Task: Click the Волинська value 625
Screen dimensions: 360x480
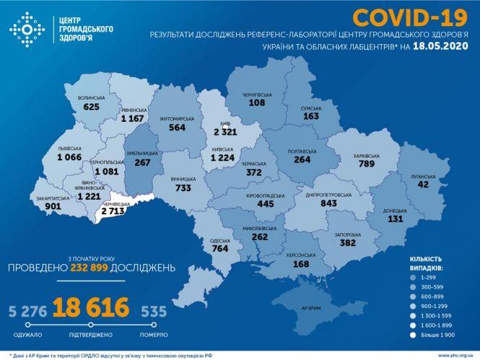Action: pos(91,107)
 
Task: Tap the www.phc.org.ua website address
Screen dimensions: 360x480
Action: pos(453,354)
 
